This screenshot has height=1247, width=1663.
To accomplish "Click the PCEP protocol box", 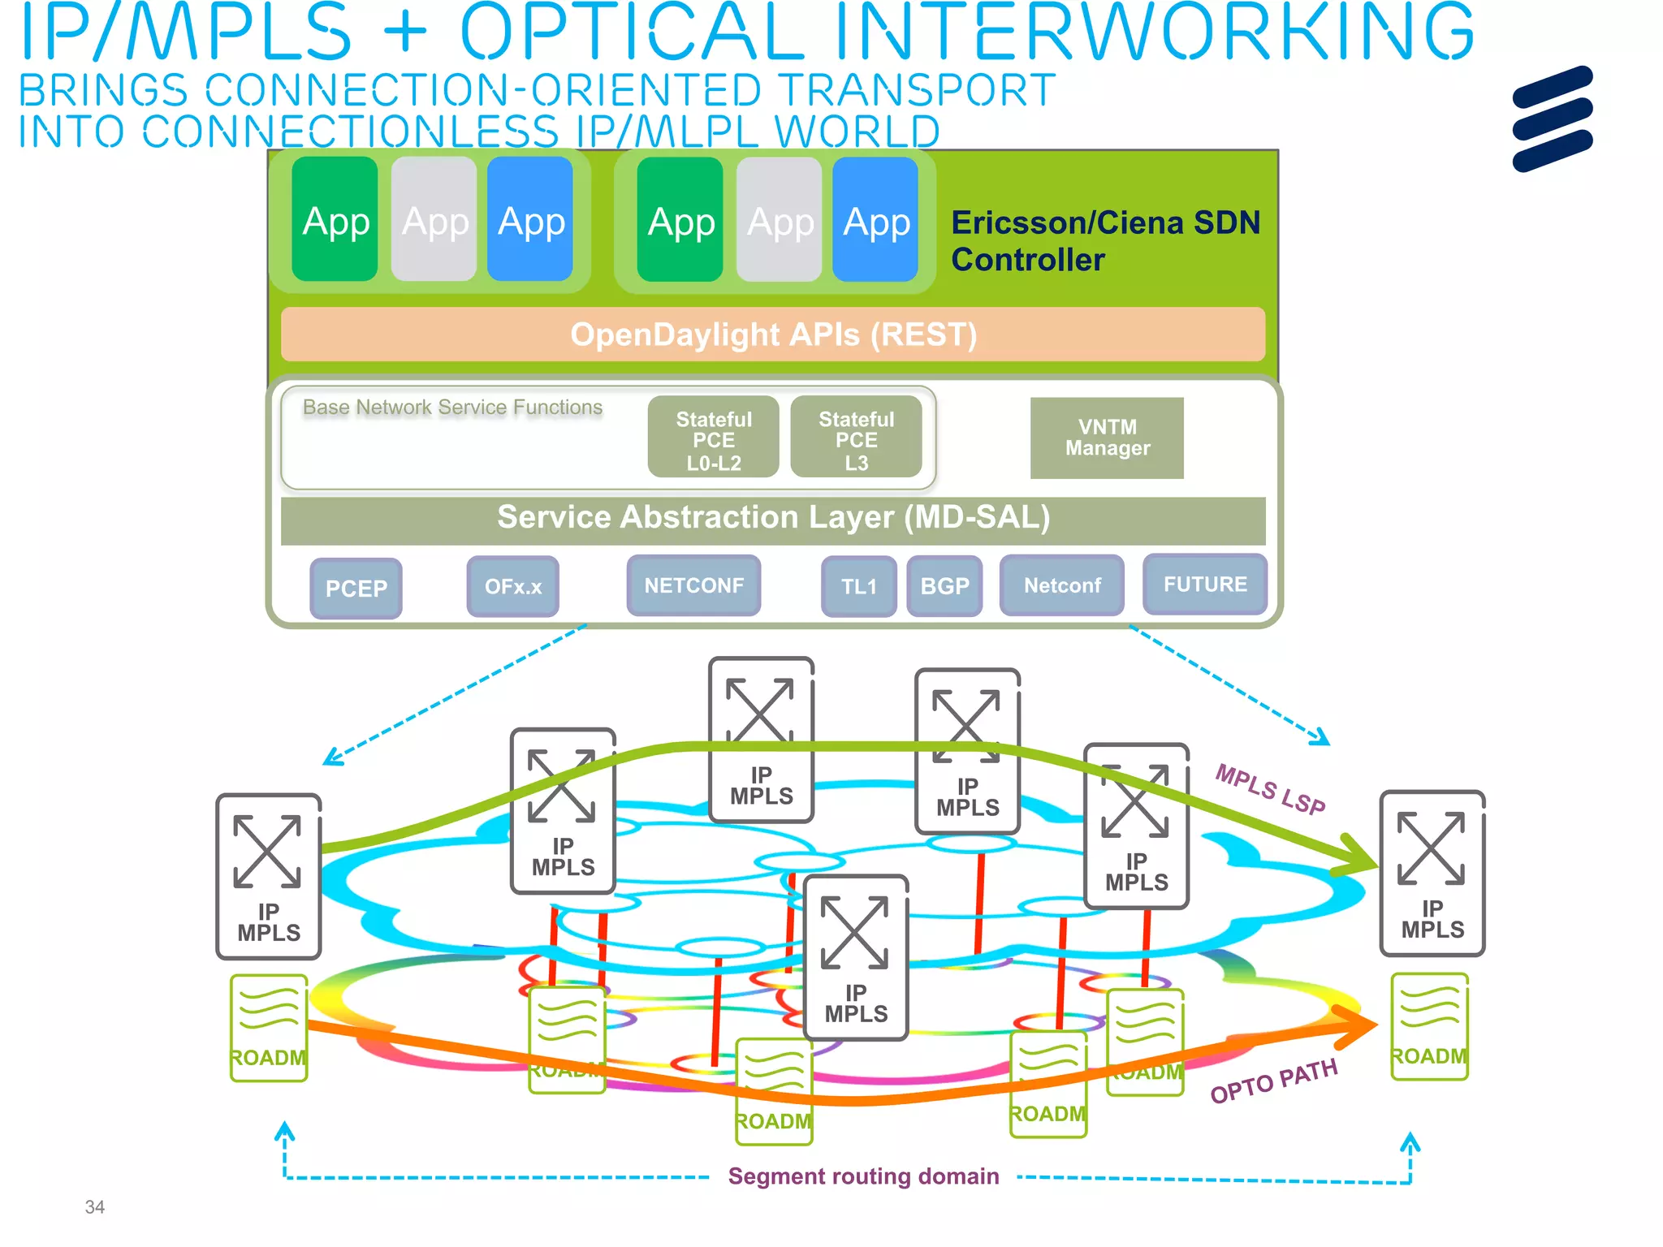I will [356, 588].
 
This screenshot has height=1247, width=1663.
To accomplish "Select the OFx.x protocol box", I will [512, 586].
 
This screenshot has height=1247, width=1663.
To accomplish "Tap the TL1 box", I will [858, 586].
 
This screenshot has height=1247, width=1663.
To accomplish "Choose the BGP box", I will [944, 586].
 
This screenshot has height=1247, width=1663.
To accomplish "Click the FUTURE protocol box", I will [1204, 584].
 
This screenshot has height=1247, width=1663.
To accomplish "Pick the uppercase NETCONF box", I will [693, 585].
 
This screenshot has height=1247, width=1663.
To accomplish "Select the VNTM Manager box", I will [1107, 438].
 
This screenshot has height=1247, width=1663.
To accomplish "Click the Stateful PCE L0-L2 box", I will [713, 439].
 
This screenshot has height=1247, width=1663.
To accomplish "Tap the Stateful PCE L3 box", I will [856, 439].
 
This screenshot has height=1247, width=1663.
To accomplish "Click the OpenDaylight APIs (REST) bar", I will [773, 334].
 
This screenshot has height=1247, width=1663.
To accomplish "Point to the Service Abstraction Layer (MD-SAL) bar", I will [773, 518].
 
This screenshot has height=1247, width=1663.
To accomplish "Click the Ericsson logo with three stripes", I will [1552, 119].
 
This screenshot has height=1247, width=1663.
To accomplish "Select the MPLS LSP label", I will [1270, 789].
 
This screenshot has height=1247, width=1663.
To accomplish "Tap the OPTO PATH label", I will [1273, 1081].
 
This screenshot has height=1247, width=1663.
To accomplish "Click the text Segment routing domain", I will [863, 1176].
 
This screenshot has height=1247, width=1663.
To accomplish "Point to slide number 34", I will [94, 1207].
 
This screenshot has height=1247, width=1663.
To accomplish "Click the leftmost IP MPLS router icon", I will [268, 876].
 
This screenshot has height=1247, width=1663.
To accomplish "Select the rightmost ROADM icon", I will [1429, 1027].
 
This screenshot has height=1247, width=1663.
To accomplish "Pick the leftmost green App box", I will [335, 219].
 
